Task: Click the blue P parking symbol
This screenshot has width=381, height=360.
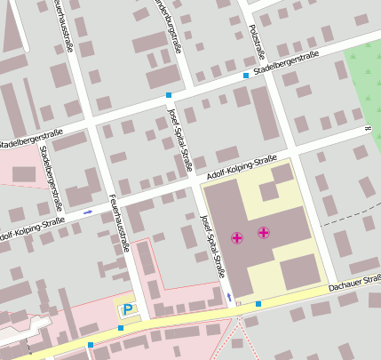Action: (x=128, y=309)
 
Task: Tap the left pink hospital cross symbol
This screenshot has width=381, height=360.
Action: (x=237, y=237)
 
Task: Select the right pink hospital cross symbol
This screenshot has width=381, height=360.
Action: (x=264, y=233)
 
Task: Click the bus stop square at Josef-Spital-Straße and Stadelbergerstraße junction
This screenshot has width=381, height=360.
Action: (x=169, y=93)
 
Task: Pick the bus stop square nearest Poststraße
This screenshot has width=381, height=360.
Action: (x=246, y=76)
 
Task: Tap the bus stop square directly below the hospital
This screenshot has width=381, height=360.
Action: (x=258, y=304)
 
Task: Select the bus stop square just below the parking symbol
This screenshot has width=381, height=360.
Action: (x=121, y=327)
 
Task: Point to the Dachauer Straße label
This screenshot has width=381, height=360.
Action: (x=354, y=284)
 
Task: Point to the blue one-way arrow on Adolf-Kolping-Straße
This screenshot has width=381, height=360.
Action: (x=88, y=212)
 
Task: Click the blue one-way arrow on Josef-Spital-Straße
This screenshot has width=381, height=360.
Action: (x=230, y=295)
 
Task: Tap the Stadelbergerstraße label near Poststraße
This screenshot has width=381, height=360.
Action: (x=286, y=61)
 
